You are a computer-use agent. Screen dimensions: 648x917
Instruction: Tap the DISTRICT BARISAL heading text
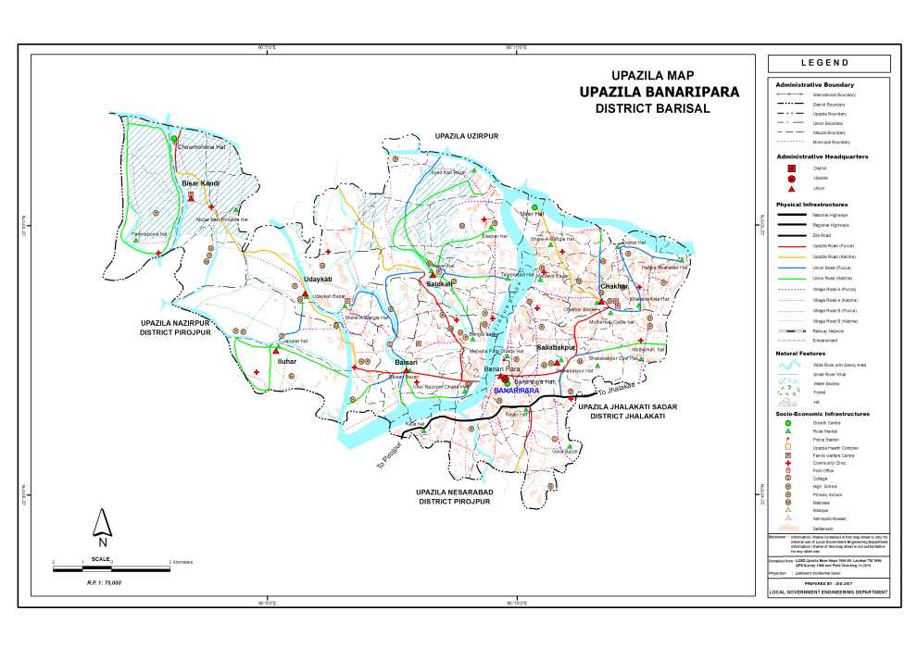click(652, 108)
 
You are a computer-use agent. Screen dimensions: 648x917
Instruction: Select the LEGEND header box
click(828, 63)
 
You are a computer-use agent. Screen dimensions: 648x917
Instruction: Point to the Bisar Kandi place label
click(200, 184)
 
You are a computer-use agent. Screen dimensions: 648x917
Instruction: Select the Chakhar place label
click(614, 287)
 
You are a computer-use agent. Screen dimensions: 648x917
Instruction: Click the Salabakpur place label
click(557, 347)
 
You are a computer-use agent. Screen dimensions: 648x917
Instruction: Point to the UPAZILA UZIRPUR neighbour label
click(467, 136)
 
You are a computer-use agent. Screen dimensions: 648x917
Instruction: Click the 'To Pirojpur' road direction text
click(393, 452)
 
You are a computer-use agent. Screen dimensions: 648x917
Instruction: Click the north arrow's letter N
click(102, 530)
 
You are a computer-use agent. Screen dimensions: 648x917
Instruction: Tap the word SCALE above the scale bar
click(102, 558)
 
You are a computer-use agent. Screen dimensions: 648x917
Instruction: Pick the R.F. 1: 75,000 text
click(105, 583)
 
